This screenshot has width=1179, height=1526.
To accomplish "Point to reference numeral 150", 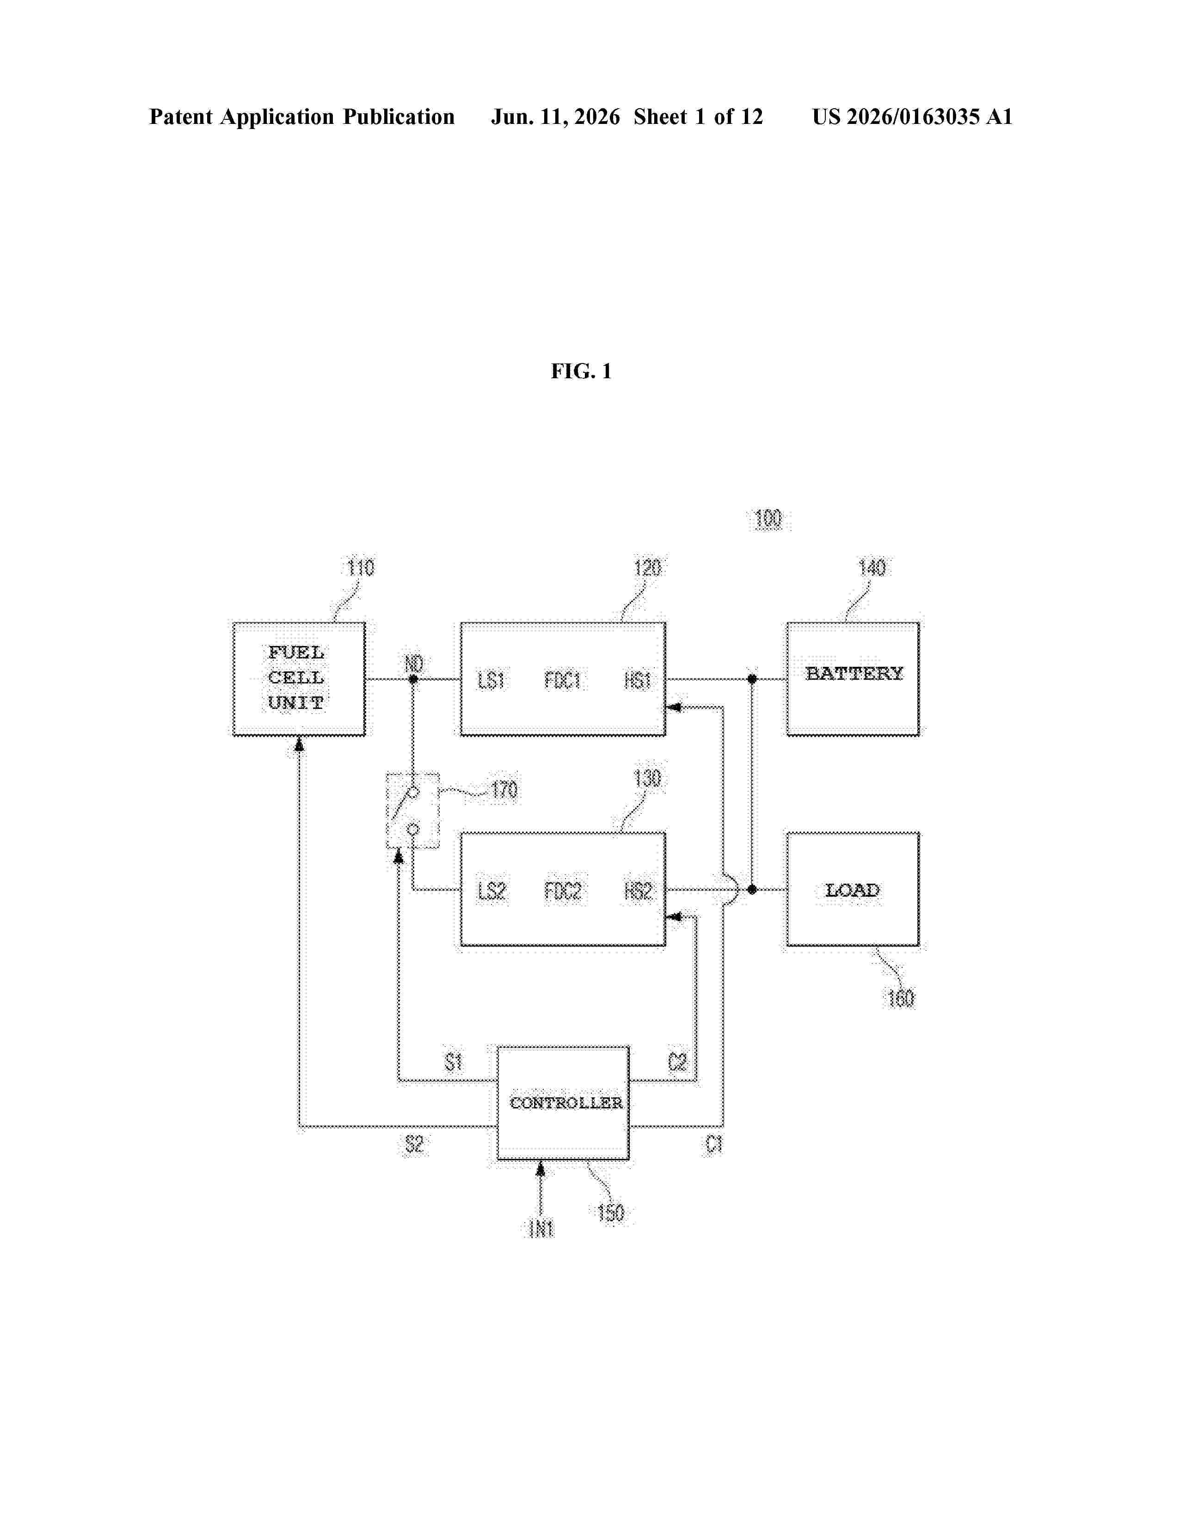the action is coord(610,1212).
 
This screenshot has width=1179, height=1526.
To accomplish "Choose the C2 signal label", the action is coord(677,1062).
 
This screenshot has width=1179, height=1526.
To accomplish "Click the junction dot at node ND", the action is coord(413,678).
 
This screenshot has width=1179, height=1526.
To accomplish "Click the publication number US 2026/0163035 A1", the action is coord(912,117).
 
